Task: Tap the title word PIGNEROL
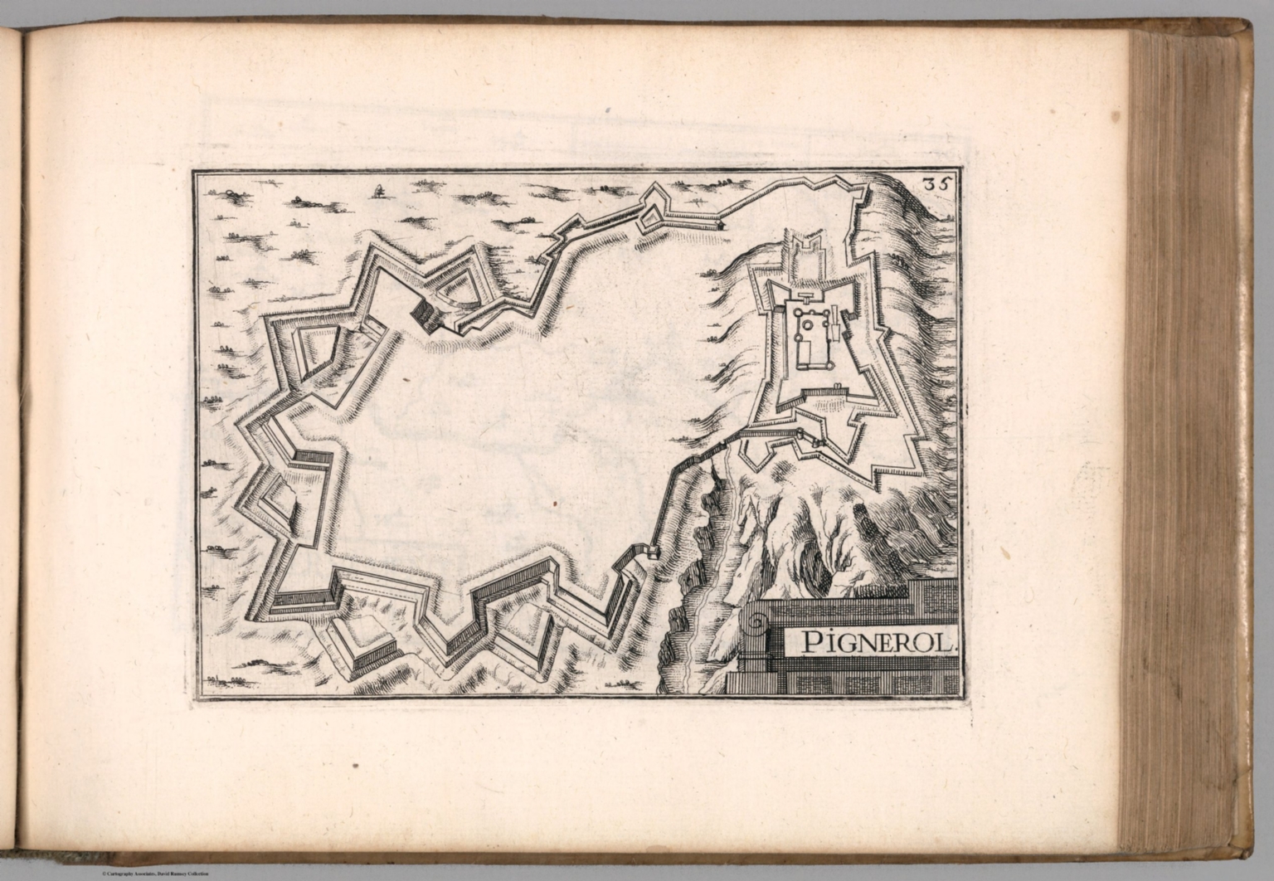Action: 869,641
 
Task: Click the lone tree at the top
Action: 380,191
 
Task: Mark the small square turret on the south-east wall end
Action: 652,552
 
